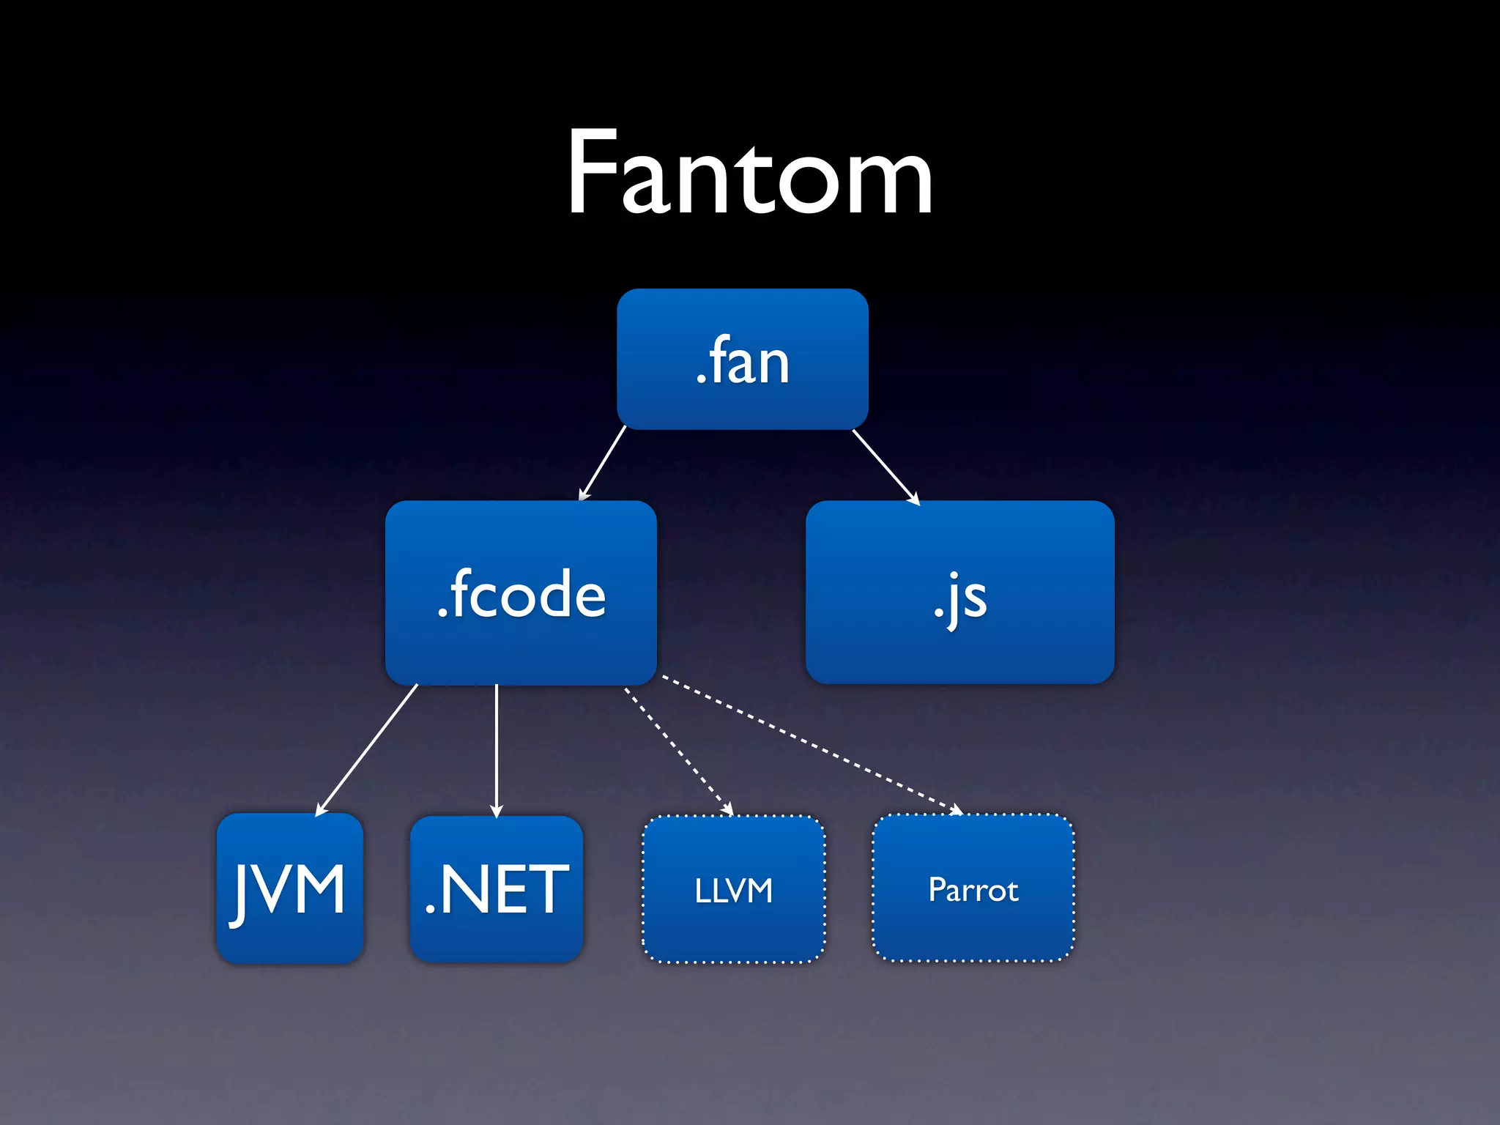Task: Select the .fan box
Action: [x=742, y=359]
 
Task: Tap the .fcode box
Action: [x=521, y=593]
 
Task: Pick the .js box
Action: [x=959, y=593]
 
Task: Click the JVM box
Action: [x=290, y=888]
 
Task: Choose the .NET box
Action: [x=497, y=888]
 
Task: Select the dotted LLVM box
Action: [x=733, y=889]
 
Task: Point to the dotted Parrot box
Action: [x=973, y=888]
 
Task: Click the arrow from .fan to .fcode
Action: [x=603, y=463]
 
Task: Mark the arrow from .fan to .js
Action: [x=885, y=466]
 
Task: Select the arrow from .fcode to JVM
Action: [x=367, y=749]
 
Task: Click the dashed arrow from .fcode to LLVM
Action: [x=677, y=750]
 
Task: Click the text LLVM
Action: [x=733, y=891]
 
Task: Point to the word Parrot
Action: [x=973, y=890]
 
